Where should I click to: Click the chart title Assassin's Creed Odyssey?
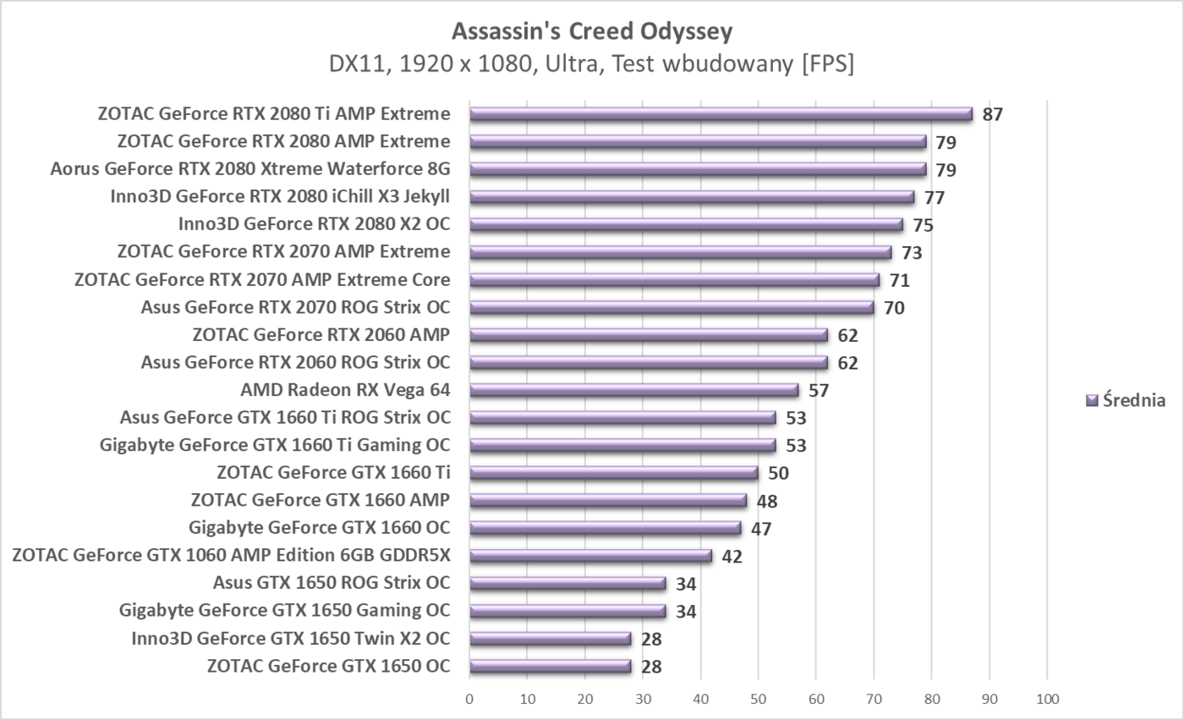point(592,31)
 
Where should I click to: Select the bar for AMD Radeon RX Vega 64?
point(634,390)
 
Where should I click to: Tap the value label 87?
point(993,114)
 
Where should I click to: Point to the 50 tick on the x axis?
point(758,700)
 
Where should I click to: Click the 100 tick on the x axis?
point(1047,700)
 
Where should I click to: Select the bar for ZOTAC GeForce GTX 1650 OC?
point(551,666)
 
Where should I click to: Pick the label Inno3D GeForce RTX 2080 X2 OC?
point(314,224)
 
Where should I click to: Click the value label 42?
point(732,557)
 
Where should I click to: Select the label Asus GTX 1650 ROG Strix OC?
point(332,583)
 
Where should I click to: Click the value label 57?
point(819,391)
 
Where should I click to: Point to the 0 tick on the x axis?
point(469,700)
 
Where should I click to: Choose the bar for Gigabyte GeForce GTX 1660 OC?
point(606,528)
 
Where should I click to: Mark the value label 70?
point(894,308)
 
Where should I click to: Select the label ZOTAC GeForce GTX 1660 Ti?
point(333,472)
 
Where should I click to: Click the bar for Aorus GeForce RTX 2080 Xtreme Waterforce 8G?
point(698,169)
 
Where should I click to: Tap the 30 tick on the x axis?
point(643,700)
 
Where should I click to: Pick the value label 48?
point(767,502)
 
